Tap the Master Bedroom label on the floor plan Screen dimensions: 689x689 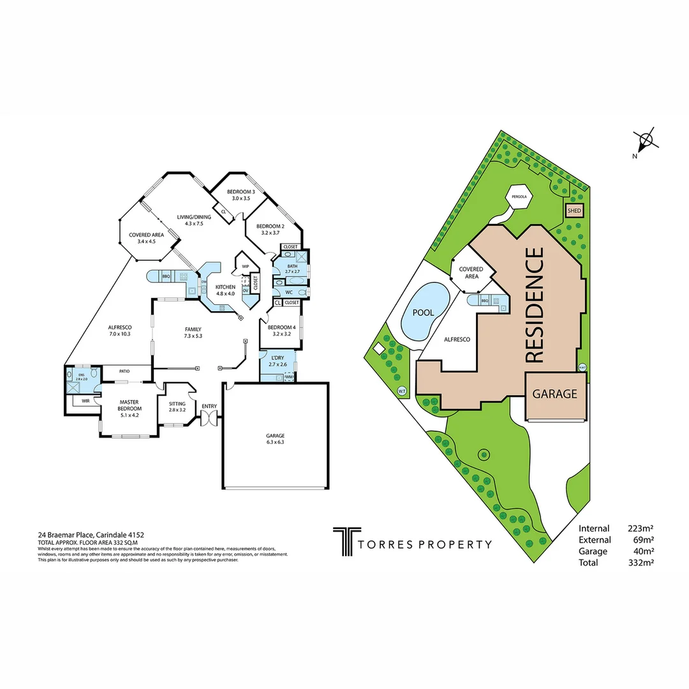(x=130, y=405)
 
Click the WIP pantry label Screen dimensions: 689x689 (x=245, y=266)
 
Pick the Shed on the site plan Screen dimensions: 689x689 (x=573, y=210)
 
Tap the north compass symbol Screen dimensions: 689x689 (x=646, y=140)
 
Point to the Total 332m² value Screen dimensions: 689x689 (x=641, y=563)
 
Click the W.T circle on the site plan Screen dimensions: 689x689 (x=402, y=390)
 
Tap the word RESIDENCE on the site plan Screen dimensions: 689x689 (x=535, y=306)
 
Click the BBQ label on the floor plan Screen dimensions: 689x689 (x=166, y=276)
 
